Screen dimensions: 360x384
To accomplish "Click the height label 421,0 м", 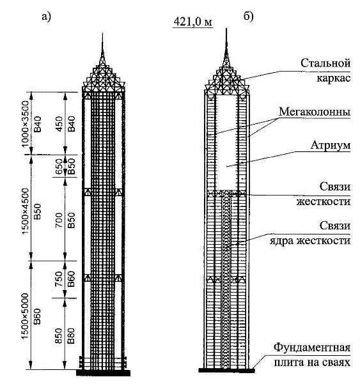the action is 193,22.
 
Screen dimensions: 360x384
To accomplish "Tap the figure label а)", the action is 46,17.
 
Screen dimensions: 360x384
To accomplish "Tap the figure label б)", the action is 248,17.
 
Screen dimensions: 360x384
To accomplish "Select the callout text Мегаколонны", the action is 315,112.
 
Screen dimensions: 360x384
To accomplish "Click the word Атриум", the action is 331,145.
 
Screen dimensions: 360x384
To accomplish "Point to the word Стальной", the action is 325,63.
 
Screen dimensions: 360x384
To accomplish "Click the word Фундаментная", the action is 311,347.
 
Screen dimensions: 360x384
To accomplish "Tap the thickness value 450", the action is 59,124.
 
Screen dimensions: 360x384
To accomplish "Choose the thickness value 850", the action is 59,335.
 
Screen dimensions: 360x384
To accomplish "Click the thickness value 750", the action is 59,279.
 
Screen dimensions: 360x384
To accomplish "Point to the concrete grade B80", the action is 71,335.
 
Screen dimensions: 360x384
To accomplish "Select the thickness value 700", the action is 59,220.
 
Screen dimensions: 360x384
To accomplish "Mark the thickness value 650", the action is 59,166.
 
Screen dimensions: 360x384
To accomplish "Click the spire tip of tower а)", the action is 102,33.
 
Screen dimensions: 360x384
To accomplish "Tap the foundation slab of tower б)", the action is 226,370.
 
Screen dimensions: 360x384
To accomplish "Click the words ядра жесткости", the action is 310,240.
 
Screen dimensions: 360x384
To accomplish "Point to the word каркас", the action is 334,78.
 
